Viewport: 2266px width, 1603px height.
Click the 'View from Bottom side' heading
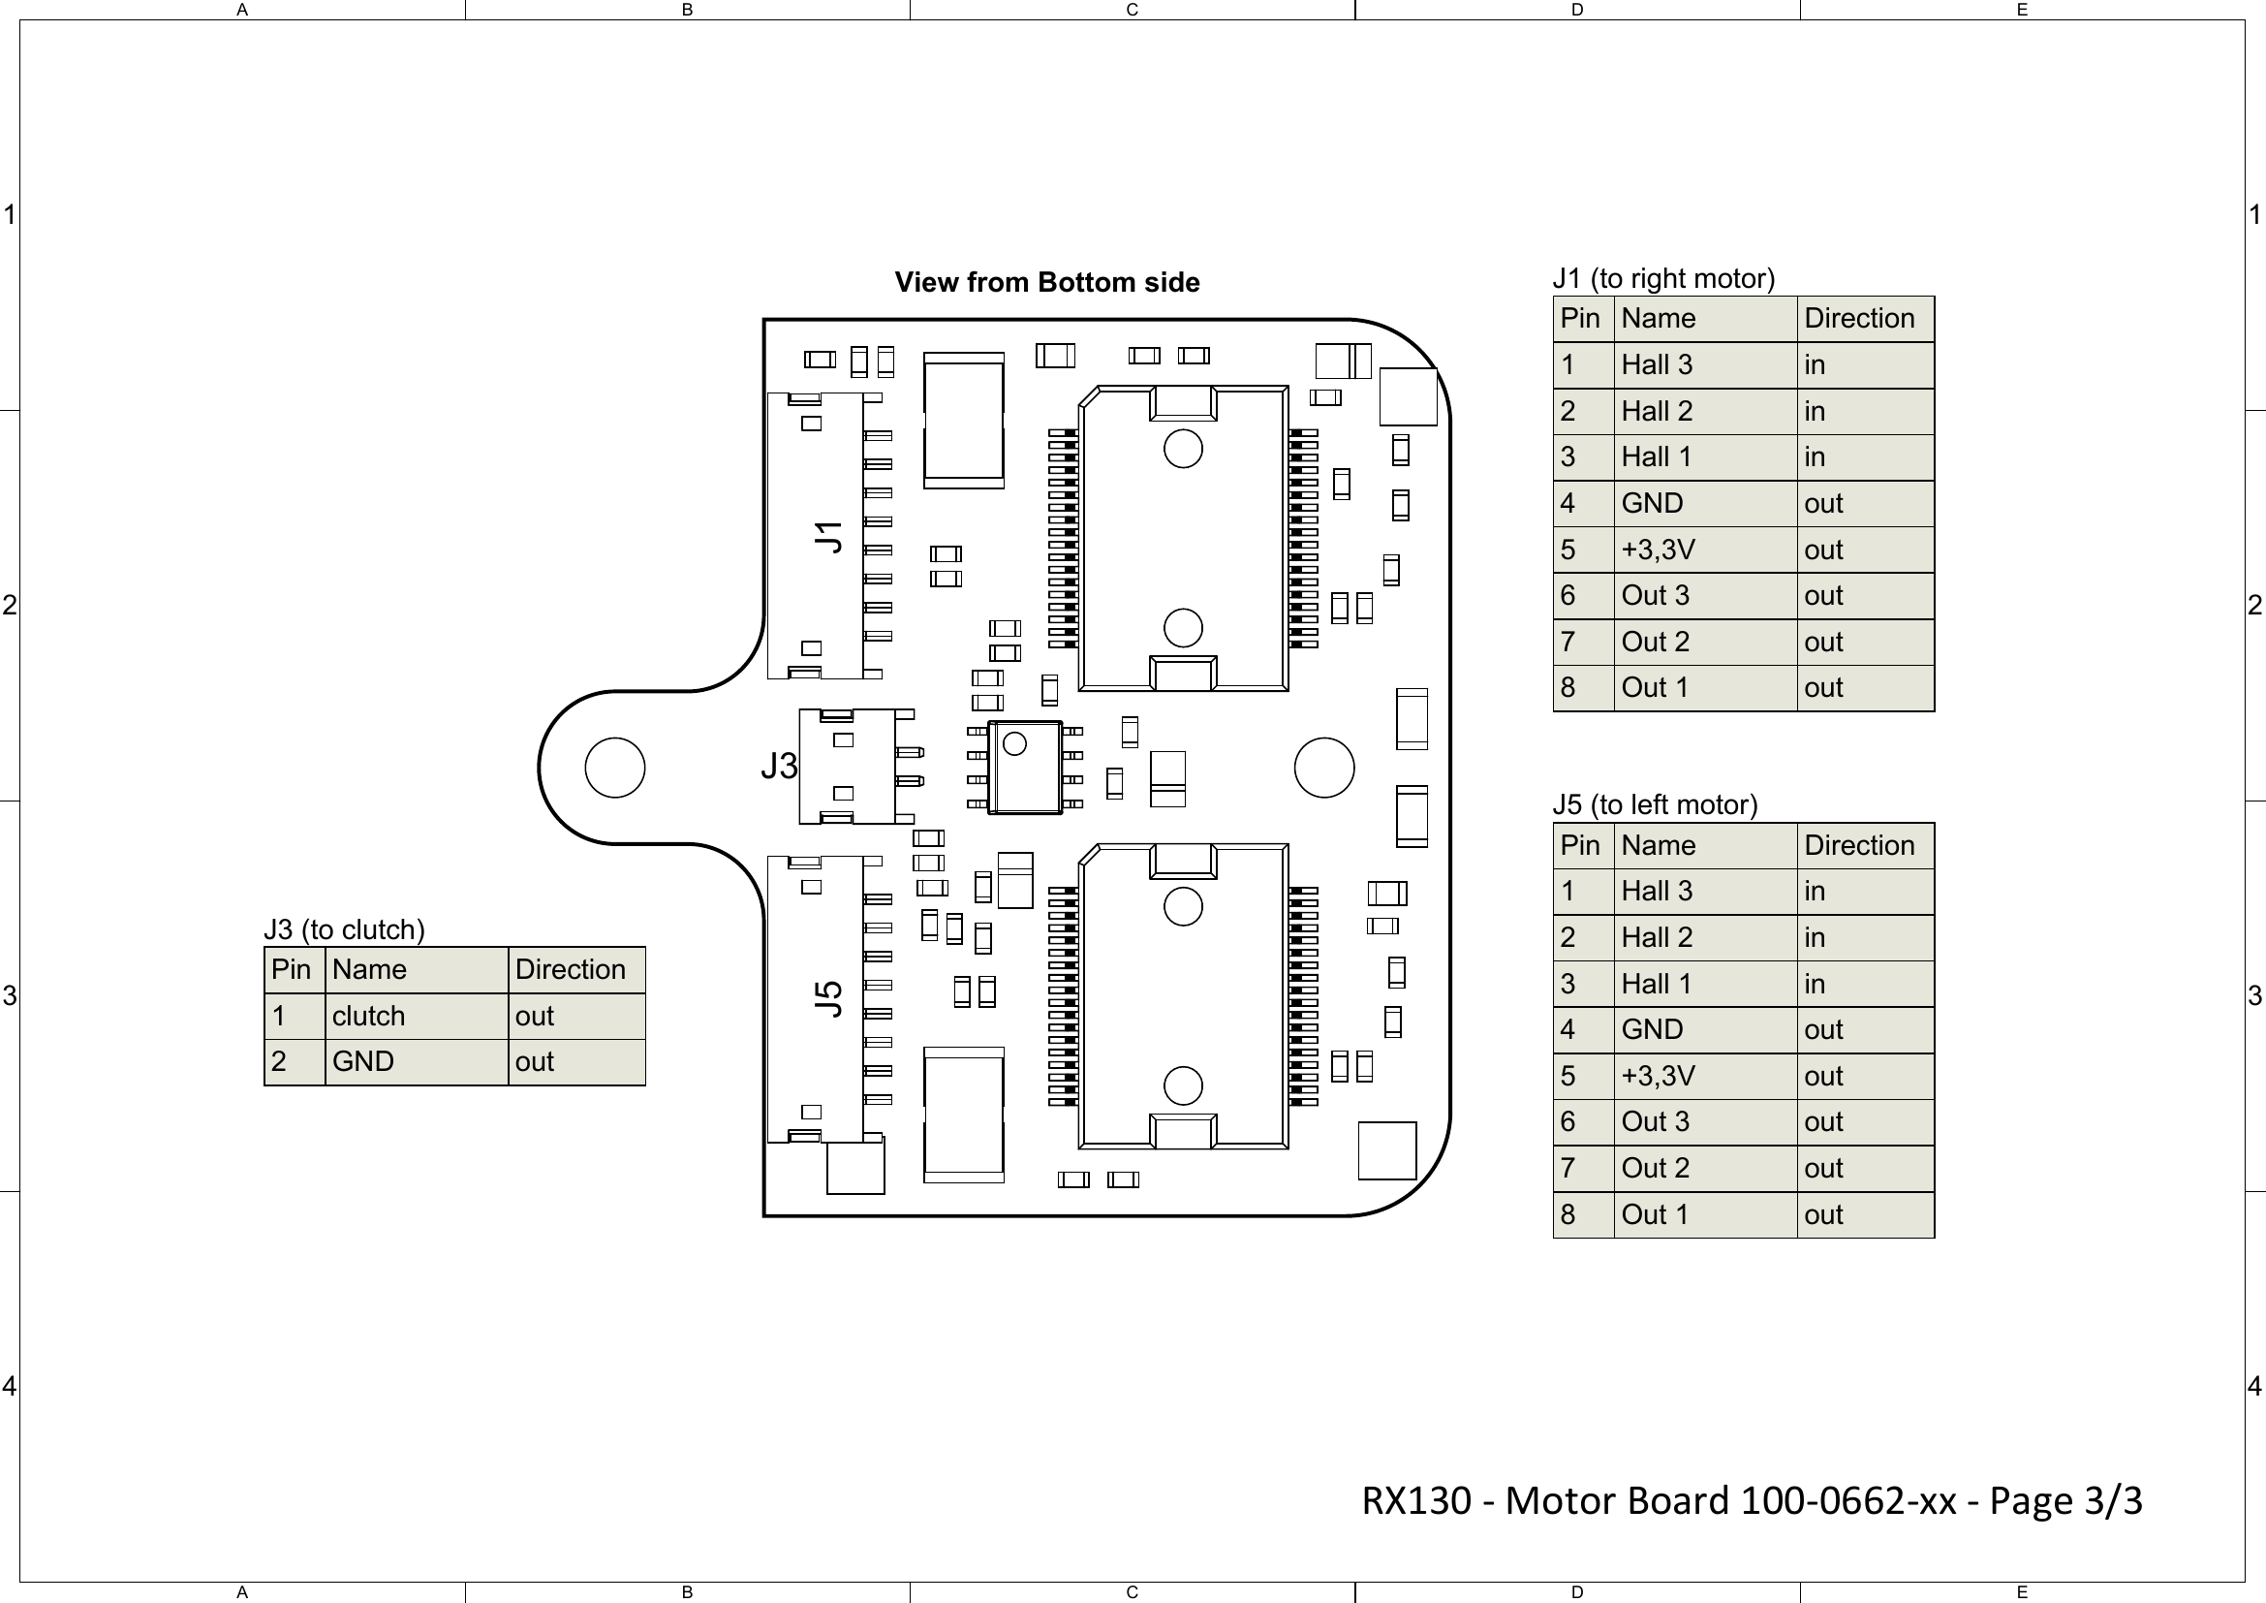click(1046, 282)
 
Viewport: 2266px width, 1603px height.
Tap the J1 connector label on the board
click(829, 537)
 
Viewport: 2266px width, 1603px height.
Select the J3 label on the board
click(779, 766)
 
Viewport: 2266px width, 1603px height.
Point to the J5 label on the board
click(829, 998)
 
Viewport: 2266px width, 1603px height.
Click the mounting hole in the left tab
click(615, 767)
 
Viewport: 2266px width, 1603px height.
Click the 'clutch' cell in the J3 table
click(368, 1016)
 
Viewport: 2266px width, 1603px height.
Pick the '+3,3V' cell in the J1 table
click(1657, 550)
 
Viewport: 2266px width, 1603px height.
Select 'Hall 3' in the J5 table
click(1656, 892)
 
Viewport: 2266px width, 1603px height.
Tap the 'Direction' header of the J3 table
click(570, 969)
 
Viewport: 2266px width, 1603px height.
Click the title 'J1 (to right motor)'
click(1663, 278)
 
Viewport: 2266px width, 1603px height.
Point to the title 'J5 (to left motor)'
click(1655, 804)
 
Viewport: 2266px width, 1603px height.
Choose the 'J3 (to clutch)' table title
click(344, 929)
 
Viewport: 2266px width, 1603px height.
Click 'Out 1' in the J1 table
click(1654, 688)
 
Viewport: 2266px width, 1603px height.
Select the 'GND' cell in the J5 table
click(1651, 1029)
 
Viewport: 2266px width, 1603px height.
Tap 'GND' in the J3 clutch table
click(362, 1062)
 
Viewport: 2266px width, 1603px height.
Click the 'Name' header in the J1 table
click(1658, 319)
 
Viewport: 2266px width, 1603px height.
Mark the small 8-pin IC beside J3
click(1024, 768)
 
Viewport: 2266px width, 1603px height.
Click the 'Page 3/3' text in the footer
click(2064, 1500)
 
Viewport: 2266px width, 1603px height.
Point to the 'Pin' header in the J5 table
click(1579, 846)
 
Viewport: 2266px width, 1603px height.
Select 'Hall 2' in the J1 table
click(1656, 412)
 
